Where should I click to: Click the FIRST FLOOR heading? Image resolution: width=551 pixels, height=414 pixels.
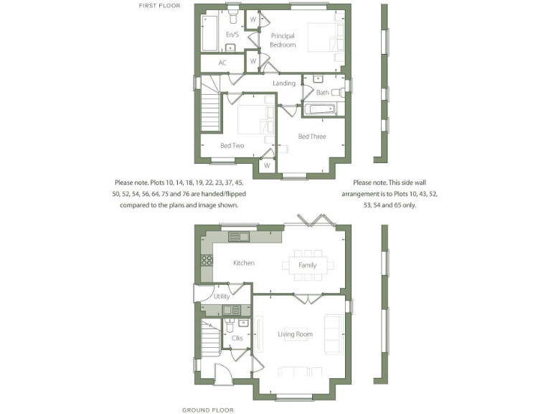(159, 6)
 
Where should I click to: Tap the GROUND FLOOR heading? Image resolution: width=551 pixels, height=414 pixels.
(207, 410)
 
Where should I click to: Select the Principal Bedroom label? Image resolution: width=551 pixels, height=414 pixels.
(282, 40)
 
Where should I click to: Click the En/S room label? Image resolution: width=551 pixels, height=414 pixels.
(232, 34)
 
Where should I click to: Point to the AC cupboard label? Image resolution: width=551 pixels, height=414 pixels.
(222, 63)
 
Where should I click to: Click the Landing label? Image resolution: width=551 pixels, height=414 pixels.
(284, 83)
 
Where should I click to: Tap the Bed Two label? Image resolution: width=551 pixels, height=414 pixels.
(232, 146)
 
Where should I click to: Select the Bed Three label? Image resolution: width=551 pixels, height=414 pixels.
(312, 137)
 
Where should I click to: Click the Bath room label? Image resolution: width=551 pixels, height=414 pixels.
(323, 93)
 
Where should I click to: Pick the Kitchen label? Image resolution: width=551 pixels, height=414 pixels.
(243, 263)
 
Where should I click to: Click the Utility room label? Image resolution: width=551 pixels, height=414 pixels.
(222, 296)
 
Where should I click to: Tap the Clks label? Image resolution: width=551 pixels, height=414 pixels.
(237, 337)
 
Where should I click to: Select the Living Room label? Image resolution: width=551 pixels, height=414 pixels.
(296, 334)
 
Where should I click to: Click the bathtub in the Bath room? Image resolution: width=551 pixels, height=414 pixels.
(320, 110)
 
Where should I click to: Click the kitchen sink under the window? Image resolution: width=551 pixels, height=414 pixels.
(239, 236)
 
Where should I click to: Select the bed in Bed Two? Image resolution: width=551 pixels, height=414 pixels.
(251, 118)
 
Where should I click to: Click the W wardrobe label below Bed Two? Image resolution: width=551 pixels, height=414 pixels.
(266, 165)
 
